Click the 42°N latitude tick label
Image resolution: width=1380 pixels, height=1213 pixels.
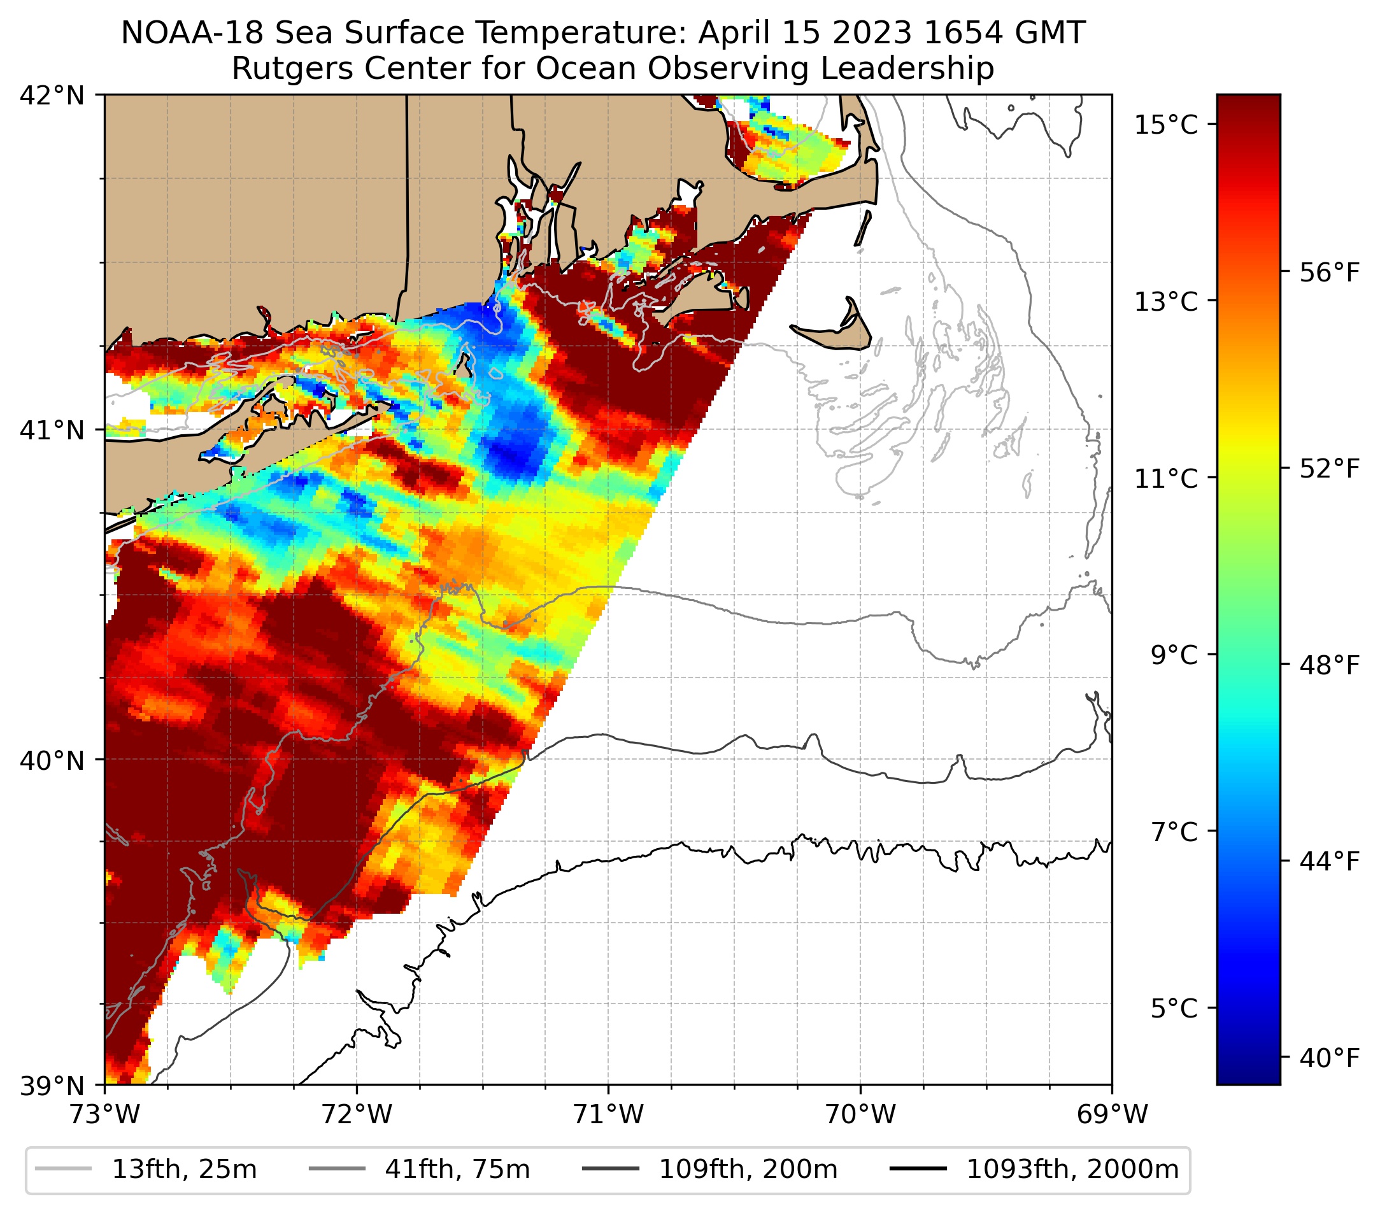point(52,96)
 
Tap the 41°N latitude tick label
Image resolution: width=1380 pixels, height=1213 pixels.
point(52,429)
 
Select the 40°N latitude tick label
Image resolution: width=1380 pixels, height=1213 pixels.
point(52,760)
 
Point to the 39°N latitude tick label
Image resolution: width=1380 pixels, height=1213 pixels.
point(52,1086)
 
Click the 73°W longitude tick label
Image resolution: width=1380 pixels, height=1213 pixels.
point(104,1114)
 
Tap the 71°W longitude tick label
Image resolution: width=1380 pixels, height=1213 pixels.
point(608,1114)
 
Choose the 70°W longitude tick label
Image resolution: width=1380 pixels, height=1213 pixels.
point(861,1114)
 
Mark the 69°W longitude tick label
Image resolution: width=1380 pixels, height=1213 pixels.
point(1112,1114)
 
